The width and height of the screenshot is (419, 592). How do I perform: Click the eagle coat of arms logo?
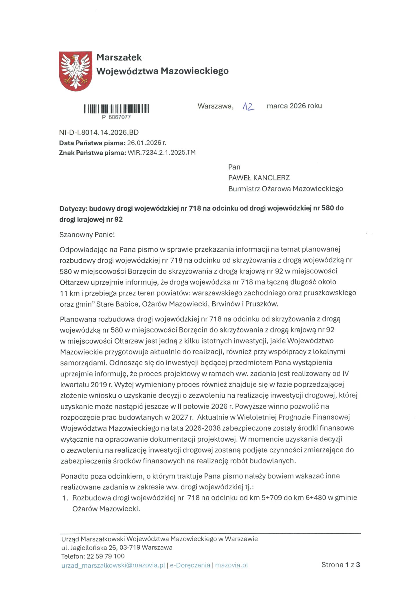pos(76,71)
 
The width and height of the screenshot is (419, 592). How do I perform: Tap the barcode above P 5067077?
pos(116,109)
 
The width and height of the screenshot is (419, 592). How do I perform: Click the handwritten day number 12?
pos(248,107)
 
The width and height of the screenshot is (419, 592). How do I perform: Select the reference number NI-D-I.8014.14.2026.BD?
pos(99,132)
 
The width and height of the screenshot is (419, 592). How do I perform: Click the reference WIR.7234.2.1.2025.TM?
pos(161,153)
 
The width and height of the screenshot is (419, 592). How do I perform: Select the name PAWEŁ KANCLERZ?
pos(259,178)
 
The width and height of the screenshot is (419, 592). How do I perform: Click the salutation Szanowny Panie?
pos(87,234)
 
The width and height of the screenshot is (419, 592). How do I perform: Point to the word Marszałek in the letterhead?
pos(119,58)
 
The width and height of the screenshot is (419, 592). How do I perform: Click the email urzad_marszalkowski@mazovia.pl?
pos(113,565)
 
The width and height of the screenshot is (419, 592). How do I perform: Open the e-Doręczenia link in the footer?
pos(190,565)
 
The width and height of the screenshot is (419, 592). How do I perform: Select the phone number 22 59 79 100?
pos(106,556)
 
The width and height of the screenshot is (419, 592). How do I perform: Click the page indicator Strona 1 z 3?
pos(341,565)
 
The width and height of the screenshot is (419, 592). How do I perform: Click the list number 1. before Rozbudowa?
pos(65,498)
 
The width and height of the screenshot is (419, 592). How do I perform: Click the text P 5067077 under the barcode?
pos(116,117)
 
